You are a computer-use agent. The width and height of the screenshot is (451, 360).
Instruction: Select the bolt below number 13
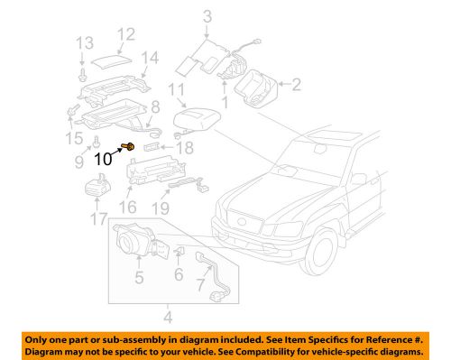(83, 66)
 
